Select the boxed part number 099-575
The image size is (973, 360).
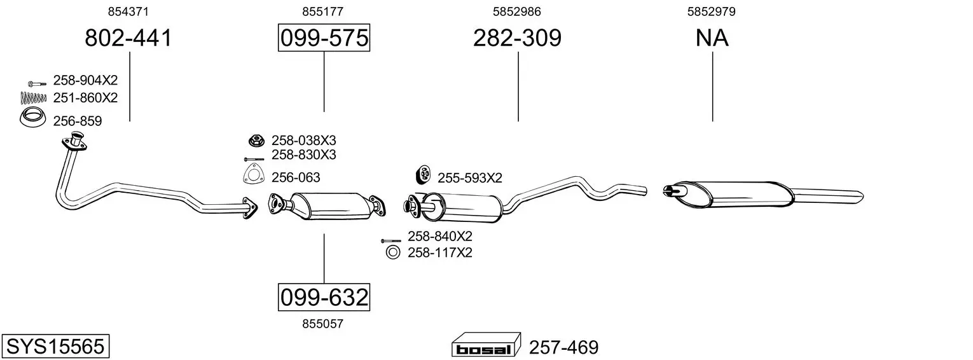point(324,38)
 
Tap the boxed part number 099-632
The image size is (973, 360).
point(324,298)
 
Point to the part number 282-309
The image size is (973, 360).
point(517,38)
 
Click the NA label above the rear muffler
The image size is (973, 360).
point(712,38)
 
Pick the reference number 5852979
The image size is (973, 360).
point(711,11)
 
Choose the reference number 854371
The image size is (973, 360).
point(128,11)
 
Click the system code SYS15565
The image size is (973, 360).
point(55,347)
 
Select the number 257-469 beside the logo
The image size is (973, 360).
point(563,347)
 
